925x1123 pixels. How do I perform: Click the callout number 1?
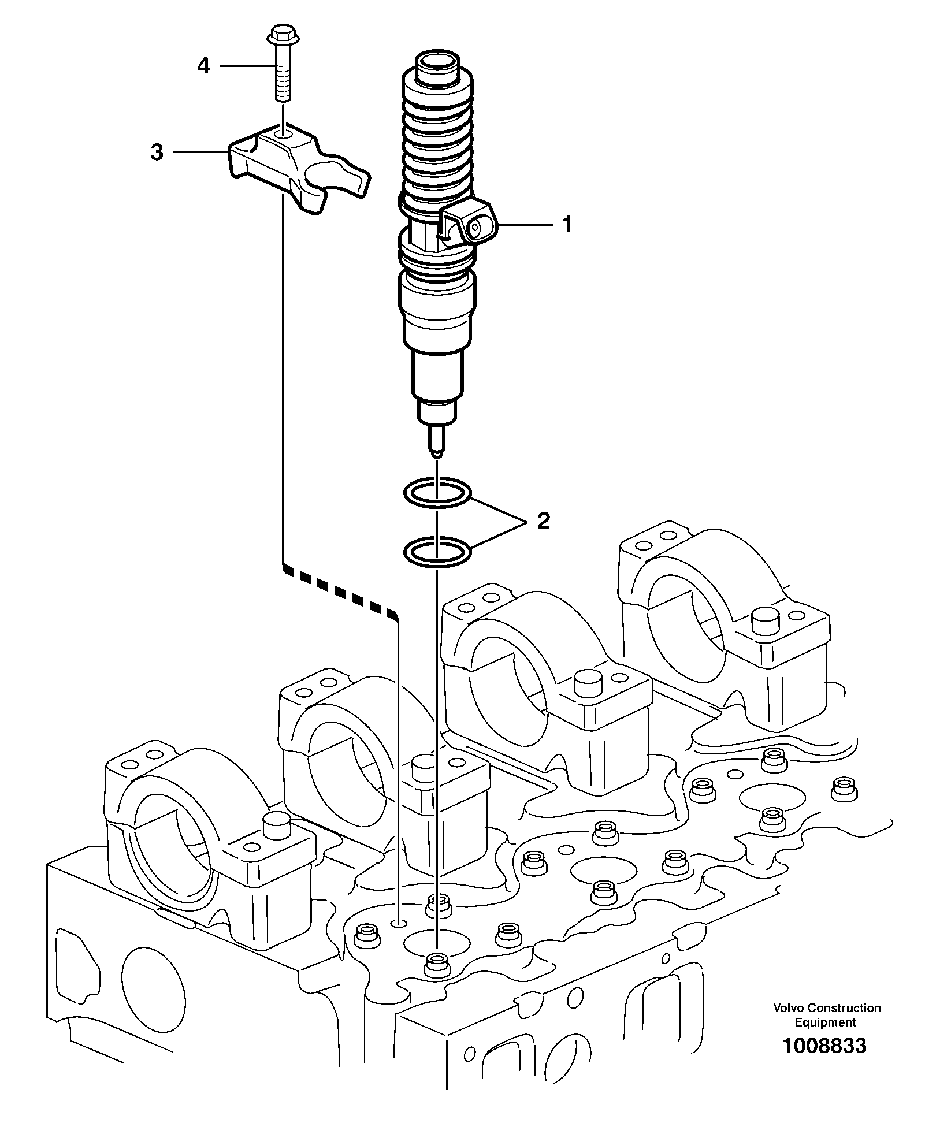tap(567, 224)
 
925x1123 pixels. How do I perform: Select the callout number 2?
tap(543, 521)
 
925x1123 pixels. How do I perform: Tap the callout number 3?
tap(157, 153)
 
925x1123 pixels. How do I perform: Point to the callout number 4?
tap(203, 66)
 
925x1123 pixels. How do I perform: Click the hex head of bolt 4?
tap(281, 35)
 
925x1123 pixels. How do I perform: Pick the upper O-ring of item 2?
tap(437, 493)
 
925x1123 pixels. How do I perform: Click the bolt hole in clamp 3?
tap(283, 135)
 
